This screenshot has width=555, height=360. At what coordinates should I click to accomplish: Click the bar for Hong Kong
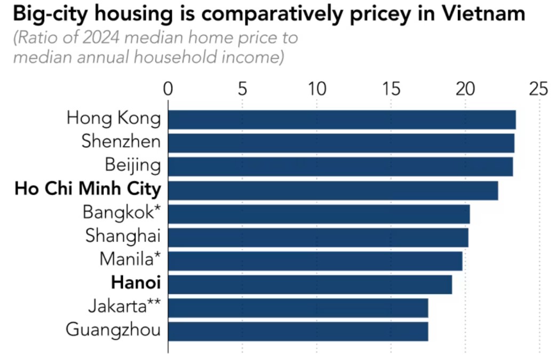(342, 119)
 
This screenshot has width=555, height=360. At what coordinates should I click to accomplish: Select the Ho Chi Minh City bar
(333, 190)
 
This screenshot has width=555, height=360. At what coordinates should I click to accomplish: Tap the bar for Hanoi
(310, 284)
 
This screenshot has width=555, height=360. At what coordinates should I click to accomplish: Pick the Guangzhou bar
(298, 331)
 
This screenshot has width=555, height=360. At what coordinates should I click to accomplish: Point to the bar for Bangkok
(319, 214)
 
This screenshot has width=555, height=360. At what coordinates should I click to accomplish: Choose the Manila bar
(315, 261)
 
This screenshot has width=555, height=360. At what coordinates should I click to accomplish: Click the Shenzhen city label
(121, 141)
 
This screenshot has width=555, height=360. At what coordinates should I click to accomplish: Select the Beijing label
(133, 165)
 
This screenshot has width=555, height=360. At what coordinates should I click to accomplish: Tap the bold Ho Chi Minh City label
(88, 189)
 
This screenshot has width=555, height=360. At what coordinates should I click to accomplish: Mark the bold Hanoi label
(136, 283)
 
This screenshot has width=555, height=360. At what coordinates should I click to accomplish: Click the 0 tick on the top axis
(168, 89)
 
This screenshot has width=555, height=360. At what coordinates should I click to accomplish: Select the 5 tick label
(242, 89)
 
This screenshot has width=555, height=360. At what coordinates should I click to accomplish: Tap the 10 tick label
(317, 89)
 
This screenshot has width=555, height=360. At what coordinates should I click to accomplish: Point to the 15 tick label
(391, 89)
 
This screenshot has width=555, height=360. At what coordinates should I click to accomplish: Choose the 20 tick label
(465, 89)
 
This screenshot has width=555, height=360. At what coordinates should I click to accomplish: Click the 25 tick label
(538, 89)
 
